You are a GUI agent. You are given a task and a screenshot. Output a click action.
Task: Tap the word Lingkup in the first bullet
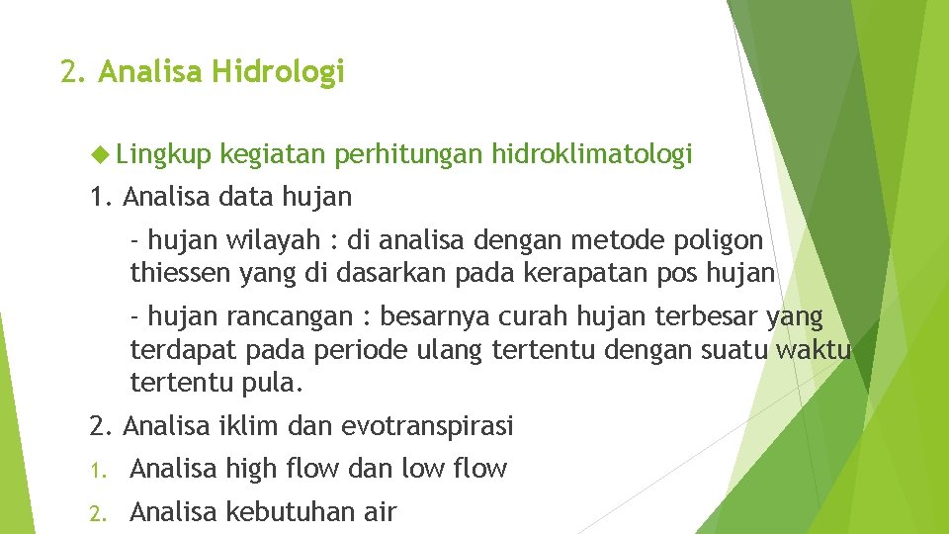[x=163, y=154]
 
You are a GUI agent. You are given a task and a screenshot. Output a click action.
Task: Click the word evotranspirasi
[x=427, y=426]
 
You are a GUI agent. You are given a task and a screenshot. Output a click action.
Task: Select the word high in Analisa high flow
[x=254, y=469]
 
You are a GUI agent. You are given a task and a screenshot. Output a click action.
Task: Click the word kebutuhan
[x=283, y=512]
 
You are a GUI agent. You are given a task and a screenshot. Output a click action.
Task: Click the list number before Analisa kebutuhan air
[x=97, y=512]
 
